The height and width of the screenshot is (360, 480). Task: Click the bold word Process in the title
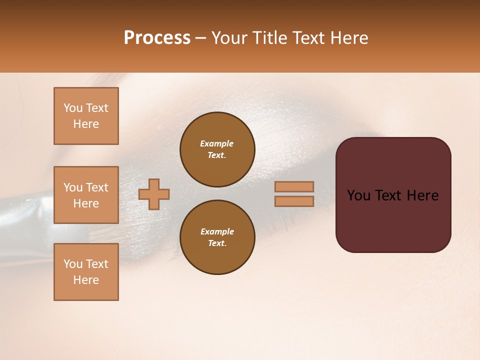point(157,38)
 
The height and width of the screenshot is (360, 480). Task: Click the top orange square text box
point(86,116)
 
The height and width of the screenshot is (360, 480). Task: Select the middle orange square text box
point(86,195)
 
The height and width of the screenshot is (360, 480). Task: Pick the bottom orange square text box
point(86,272)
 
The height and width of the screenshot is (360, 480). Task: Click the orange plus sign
point(154,194)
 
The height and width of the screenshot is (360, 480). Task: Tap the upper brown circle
point(217,149)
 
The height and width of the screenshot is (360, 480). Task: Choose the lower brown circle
point(217,237)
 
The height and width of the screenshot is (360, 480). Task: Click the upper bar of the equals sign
point(294,186)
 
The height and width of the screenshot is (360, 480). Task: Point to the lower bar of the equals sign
point(294,201)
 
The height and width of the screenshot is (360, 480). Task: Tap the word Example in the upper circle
point(216,143)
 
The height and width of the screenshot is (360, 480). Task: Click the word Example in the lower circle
point(217,231)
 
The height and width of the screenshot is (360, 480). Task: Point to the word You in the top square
point(72,108)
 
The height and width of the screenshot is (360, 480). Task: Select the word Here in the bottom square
point(86,280)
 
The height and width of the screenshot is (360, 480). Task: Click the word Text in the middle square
point(96,187)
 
